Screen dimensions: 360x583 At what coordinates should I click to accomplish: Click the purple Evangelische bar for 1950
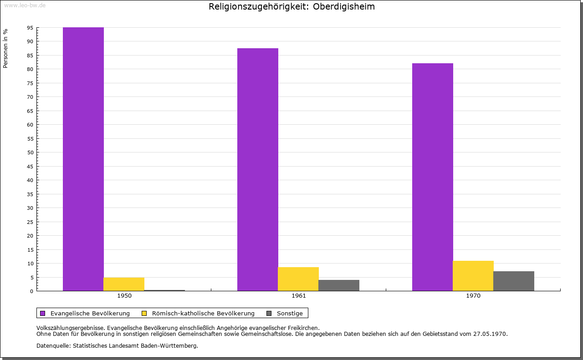[83, 159]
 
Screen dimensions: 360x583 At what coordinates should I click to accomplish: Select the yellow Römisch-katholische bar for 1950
[124, 284]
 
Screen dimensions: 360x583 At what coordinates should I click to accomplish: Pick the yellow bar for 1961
[298, 279]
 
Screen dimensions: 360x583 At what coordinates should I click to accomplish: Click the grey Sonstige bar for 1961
[339, 285]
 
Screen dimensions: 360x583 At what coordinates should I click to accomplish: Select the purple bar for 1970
[433, 177]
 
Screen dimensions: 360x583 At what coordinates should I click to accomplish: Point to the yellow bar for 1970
[473, 276]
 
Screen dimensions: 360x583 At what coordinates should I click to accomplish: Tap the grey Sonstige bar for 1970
[514, 281]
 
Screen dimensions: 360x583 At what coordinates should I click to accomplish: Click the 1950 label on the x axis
[124, 296]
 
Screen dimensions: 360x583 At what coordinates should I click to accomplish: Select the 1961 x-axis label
[299, 296]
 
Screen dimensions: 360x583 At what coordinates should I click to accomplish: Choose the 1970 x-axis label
[473, 296]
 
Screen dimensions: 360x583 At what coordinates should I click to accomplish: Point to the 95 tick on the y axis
[30, 28]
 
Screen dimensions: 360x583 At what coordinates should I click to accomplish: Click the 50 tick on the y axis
[30, 152]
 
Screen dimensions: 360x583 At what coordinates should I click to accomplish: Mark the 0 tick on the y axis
[32, 291]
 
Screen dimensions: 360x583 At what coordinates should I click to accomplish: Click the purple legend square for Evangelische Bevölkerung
[43, 313]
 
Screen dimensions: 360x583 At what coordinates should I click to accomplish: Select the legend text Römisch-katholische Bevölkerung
[203, 313]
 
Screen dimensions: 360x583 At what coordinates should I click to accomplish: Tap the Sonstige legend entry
[290, 313]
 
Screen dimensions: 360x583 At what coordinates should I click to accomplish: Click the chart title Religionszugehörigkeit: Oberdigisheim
[291, 7]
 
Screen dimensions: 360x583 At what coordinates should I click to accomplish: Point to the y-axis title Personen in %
[5, 48]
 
